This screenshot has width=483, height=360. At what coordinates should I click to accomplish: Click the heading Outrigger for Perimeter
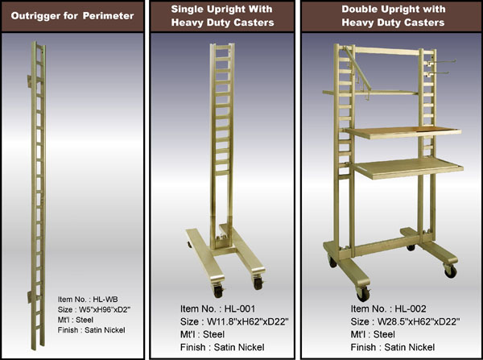tap(72, 16)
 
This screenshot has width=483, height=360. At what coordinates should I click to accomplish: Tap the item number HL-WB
tap(105, 300)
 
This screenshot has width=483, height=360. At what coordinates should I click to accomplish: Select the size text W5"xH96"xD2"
tap(105, 309)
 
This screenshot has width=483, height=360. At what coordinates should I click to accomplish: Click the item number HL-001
tap(240, 308)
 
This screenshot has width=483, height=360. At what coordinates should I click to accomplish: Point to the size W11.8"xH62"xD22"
tap(248, 322)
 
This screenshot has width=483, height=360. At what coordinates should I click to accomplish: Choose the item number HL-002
tap(411, 308)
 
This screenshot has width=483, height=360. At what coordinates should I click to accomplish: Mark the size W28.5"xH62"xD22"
tap(419, 322)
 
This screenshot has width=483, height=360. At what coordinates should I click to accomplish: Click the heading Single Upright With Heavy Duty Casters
tap(222, 16)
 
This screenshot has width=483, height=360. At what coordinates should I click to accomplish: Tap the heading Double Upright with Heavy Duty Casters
tap(394, 16)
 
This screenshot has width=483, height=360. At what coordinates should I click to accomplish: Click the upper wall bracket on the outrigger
tap(30, 81)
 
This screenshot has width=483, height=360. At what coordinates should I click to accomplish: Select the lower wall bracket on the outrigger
tap(30, 297)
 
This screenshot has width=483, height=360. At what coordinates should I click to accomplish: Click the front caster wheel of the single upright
tap(218, 291)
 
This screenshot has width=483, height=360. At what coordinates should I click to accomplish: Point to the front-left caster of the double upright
tap(363, 294)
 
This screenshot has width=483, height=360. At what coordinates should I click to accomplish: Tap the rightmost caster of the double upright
tap(450, 271)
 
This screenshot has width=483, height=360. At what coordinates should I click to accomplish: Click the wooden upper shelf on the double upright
tap(403, 132)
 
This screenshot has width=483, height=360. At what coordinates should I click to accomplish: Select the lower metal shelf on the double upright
tap(407, 168)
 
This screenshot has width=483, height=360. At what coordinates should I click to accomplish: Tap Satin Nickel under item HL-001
tap(239, 347)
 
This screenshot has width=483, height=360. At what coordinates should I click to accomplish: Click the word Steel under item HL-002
tap(384, 334)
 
